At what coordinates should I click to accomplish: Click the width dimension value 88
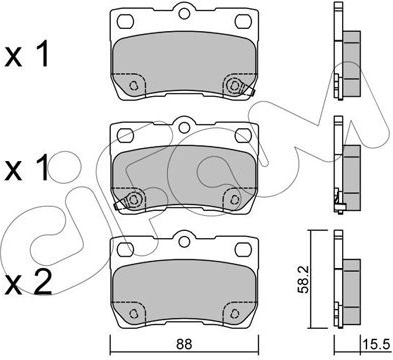pos(184,345)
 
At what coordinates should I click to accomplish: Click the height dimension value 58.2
pos(303,279)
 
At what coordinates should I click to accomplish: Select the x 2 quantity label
pos(29,282)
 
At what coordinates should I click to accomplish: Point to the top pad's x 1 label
pos(27,55)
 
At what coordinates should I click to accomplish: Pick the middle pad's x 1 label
pos(27,169)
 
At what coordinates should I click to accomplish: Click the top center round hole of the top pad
pos(184,13)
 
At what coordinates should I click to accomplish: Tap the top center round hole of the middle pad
pos(184,127)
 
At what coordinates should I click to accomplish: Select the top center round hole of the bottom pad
pos(184,241)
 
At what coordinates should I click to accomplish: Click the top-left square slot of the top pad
pos(125,21)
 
